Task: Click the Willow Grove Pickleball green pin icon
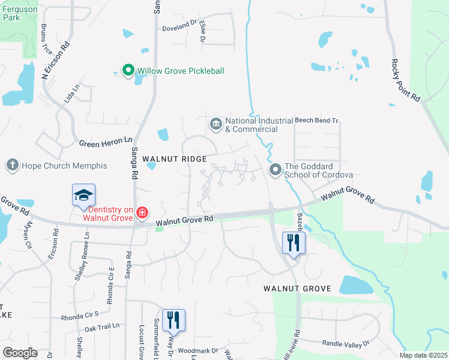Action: tap(128, 71)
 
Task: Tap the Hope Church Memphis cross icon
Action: tap(12, 165)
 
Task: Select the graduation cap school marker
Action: tap(84, 195)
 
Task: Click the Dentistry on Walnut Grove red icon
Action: tap(142, 212)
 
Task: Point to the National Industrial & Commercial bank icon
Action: tap(215, 124)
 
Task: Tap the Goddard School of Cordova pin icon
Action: tap(276, 170)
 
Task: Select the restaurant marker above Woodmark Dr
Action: tap(173, 320)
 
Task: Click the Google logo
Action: tap(20, 353)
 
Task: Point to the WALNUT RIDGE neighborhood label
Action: tap(175, 159)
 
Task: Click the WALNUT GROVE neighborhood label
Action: tap(297, 289)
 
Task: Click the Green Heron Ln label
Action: tap(106, 142)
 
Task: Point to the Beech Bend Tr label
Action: tap(317, 121)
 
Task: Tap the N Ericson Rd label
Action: tap(56, 61)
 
